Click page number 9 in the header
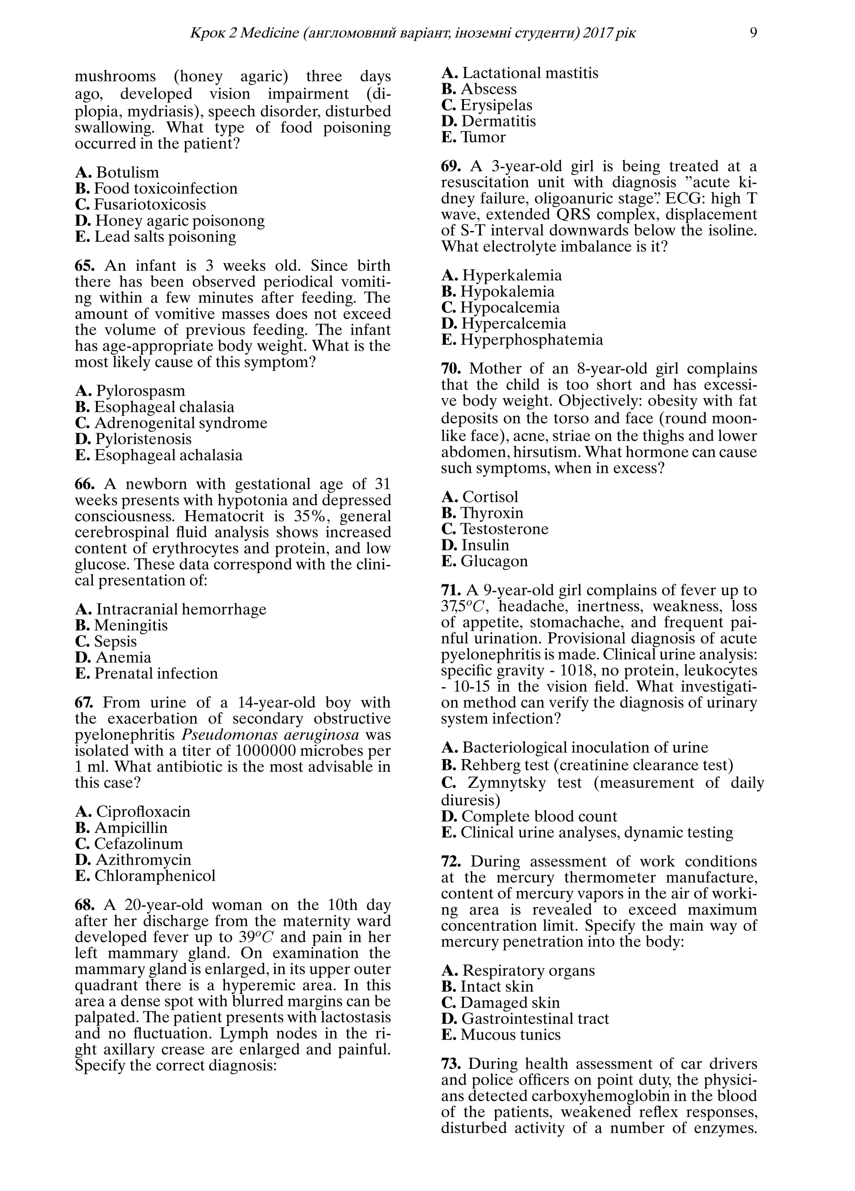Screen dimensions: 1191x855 753,33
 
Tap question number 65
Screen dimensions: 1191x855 86,265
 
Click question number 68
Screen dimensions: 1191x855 86,904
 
